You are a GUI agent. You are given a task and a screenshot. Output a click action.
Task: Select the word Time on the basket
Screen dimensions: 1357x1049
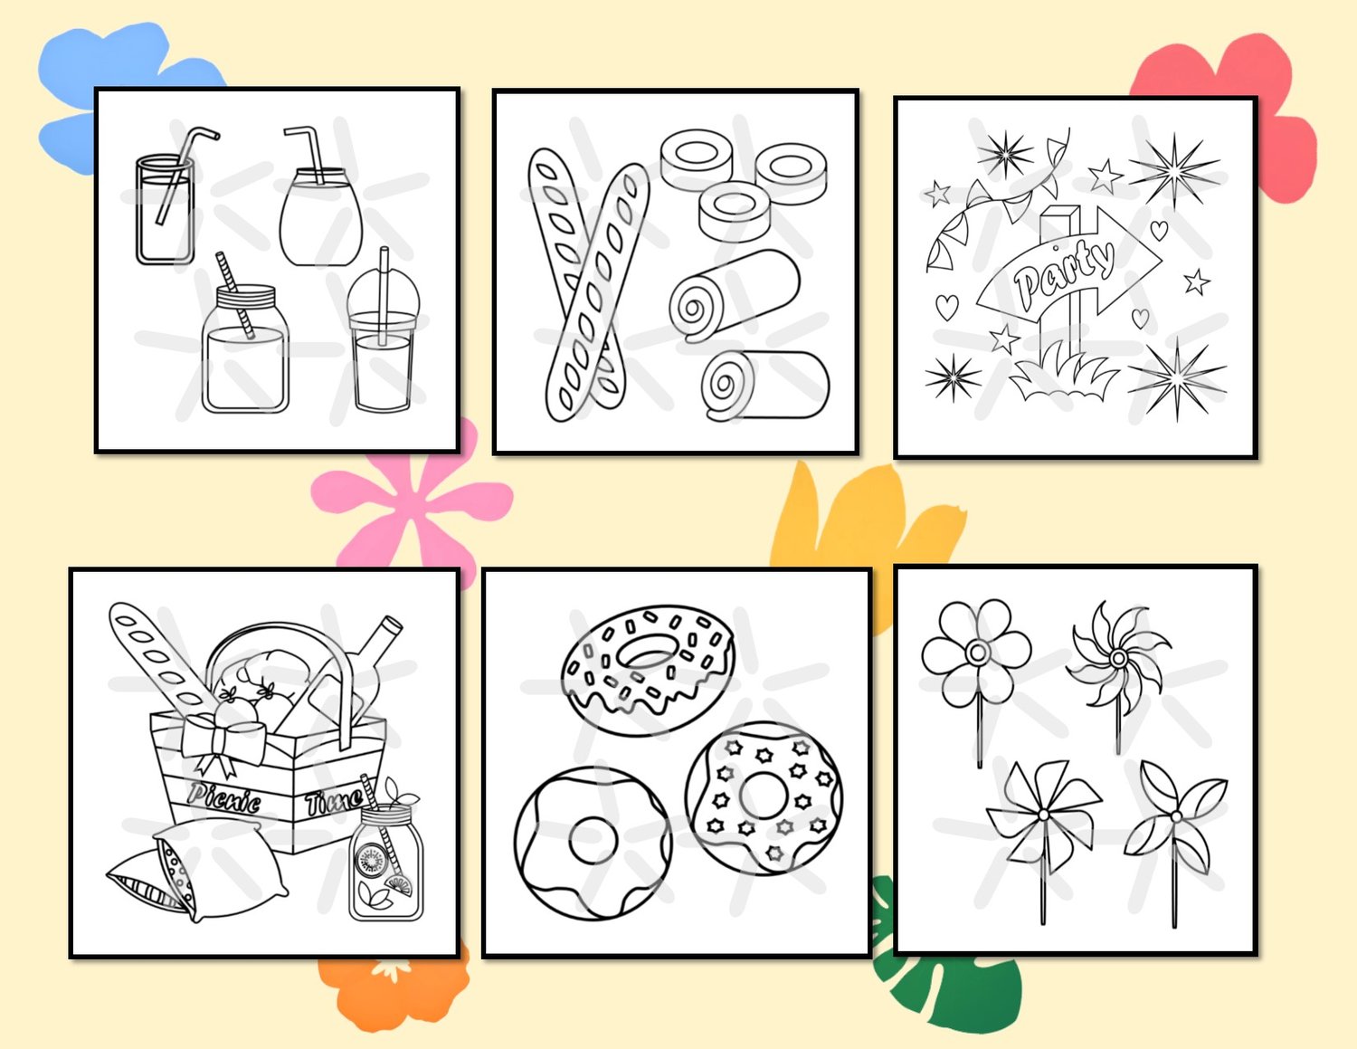[x=333, y=802]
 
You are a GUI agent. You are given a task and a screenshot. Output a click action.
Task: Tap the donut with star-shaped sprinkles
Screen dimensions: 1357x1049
[x=764, y=798]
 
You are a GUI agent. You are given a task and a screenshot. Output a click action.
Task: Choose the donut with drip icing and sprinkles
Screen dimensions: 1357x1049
[x=648, y=669]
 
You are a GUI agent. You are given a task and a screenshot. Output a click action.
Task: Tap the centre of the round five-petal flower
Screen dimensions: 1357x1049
[x=977, y=653]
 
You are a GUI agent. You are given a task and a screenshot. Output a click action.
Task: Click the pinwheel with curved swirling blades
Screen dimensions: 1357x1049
[x=1118, y=658]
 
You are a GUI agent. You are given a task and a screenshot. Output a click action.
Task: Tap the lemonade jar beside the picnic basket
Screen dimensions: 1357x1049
[x=386, y=863]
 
